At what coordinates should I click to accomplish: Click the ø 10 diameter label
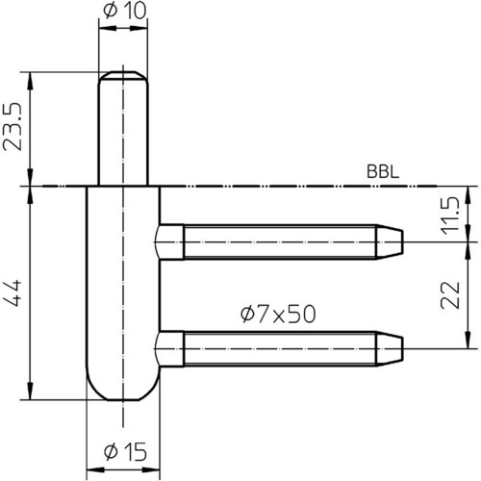tap(124, 11)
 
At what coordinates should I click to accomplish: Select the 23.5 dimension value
tap(13, 126)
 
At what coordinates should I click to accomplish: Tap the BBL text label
tap(383, 172)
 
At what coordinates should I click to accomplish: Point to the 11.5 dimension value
tap(450, 215)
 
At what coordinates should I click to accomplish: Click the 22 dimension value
tap(450, 295)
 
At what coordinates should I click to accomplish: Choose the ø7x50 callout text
tap(278, 315)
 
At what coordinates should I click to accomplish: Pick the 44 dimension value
tap(13, 292)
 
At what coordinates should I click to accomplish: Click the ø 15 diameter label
tap(125, 452)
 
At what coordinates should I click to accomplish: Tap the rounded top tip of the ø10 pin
tap(123, 75)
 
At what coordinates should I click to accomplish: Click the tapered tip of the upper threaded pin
tap(390, 241)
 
